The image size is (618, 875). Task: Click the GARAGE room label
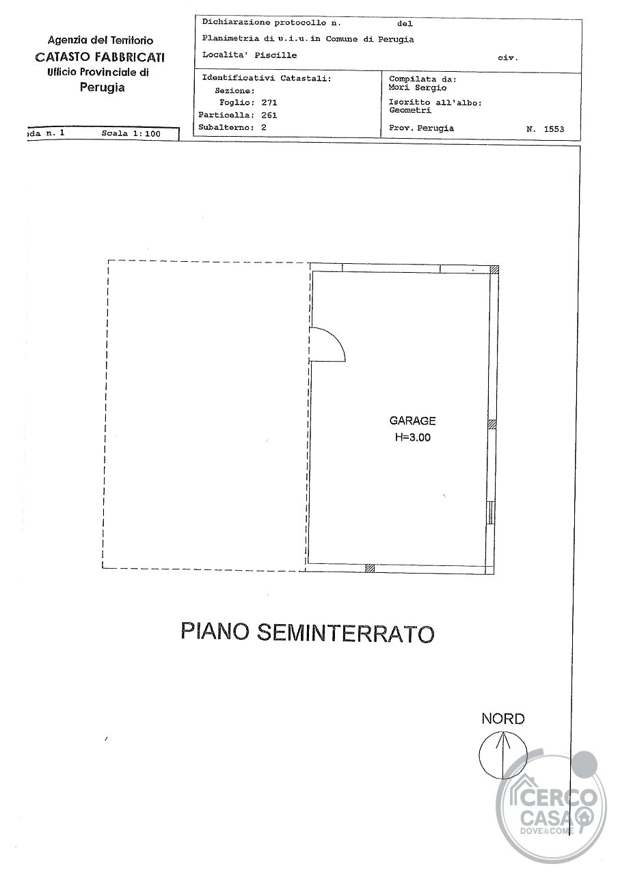412,420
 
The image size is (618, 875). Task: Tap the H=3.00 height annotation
412,437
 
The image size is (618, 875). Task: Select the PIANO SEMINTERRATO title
308,632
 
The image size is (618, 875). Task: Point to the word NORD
503,718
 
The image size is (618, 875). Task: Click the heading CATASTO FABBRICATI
100,57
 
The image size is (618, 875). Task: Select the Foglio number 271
269,103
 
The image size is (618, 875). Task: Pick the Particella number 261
269,115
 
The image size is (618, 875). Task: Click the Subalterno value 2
264,127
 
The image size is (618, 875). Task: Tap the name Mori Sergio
418,87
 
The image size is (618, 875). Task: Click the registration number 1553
554,129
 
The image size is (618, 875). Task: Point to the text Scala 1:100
131,133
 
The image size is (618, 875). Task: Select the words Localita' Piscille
250,55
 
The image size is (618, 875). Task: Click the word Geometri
410,110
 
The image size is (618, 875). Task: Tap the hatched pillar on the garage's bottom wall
370,568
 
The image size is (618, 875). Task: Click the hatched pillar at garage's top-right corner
494,269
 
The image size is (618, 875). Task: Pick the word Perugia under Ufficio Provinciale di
103,87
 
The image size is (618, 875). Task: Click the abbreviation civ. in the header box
508,58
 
